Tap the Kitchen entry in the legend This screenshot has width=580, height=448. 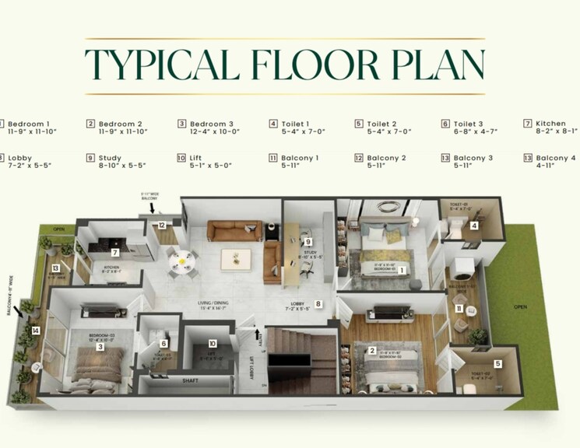550,128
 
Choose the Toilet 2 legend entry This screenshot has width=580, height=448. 382,128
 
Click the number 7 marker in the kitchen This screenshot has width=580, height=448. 114,253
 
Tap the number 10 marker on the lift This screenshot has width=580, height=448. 211,343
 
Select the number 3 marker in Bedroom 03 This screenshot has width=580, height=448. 100,347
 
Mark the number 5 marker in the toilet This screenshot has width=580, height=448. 497,362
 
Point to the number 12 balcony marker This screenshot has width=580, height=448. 161,224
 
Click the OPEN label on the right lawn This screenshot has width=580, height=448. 521,306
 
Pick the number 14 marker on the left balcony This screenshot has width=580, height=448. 35,331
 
